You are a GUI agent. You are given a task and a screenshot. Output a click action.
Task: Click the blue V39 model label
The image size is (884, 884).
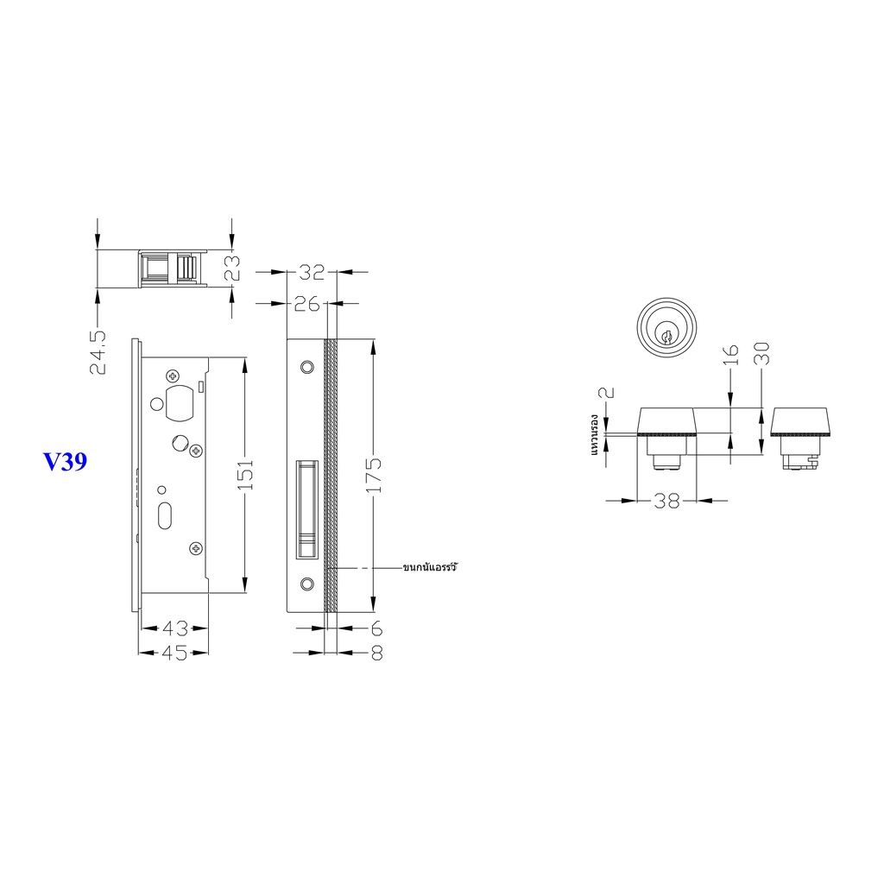click(66, 462)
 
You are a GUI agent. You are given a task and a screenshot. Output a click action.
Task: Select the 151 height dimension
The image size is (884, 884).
click(245, 475)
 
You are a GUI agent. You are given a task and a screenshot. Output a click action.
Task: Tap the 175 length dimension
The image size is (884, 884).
click(374, 475)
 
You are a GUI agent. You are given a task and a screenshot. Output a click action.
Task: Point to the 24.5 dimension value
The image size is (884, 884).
click(98, 352)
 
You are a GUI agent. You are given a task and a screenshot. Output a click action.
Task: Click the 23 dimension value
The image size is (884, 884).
click(231, 268)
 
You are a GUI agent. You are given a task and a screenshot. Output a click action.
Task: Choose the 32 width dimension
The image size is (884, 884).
click(312, 272)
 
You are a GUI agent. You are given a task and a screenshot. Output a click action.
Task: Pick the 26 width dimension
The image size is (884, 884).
click(307, 305)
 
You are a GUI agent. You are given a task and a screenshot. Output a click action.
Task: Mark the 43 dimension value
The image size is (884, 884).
click(174, 628)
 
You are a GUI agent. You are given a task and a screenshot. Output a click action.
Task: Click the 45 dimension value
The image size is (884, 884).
click(174, 653)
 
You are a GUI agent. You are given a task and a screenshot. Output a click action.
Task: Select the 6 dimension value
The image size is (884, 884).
click(376, 628)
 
